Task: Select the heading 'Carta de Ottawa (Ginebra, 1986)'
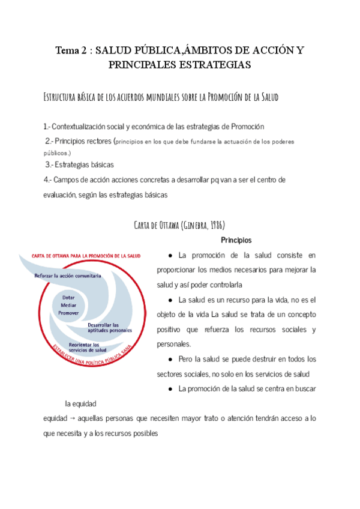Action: (x=180, y=224)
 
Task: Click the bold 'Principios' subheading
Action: (x=236, y=239)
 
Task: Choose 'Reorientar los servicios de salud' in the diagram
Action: (x=88, y=348)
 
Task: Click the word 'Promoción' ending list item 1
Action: (x=247, y=127)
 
